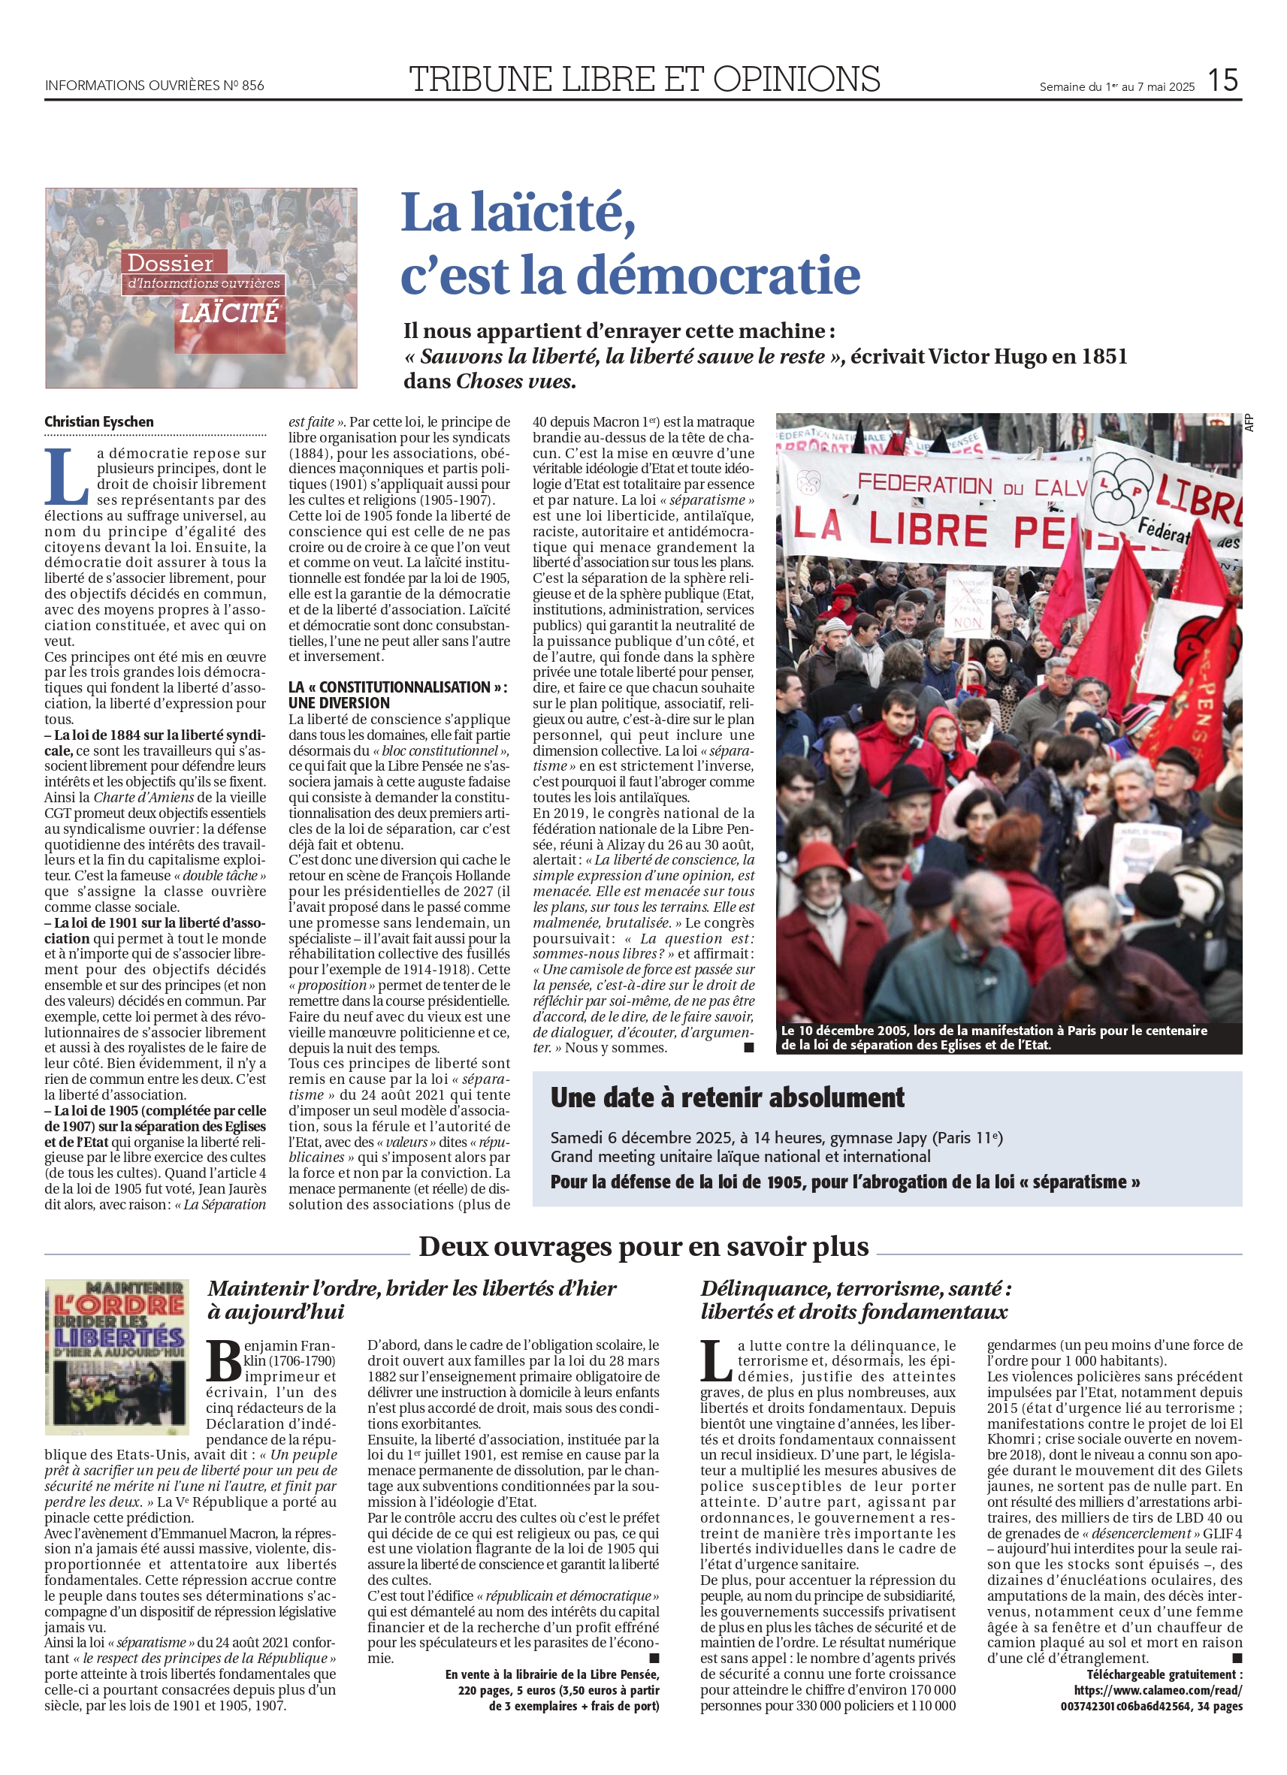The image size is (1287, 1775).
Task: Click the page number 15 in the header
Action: pyautogui.click(x=1222, y=80)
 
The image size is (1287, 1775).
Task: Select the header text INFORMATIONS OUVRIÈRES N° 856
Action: pyautogui.click(x=154, y=86)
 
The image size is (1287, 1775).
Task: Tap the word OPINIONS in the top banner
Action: pyautogui.click(x=796, y=79)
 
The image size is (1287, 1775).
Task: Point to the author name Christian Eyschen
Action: pyautogui.click(x=98, y=422)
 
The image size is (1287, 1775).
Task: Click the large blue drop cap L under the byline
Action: pyautogui.click(x=66, y=475)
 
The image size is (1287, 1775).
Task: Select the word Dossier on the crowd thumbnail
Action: pyautogui.click(x=170, y=263)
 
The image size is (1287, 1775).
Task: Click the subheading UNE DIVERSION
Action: pyautogui.click(x=338, y=703)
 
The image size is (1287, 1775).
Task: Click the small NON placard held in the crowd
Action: pyautogui.click(x=968, y=623)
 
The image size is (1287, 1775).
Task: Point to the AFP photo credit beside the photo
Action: pyautogui.click(x=1249, y=423)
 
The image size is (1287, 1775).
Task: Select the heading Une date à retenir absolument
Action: pyautogui.click(x=727, y=1097)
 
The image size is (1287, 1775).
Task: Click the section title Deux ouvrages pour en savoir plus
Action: pyautogui.click(x=642, y=1246)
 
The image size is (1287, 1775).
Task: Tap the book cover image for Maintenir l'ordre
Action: pyautogui.click(x=116, y=1357)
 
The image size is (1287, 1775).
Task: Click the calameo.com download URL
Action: pyautogui.click(x=1157, y=1689)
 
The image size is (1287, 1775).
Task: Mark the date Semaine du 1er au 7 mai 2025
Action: pyautogui.click(x=1116, y=87)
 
